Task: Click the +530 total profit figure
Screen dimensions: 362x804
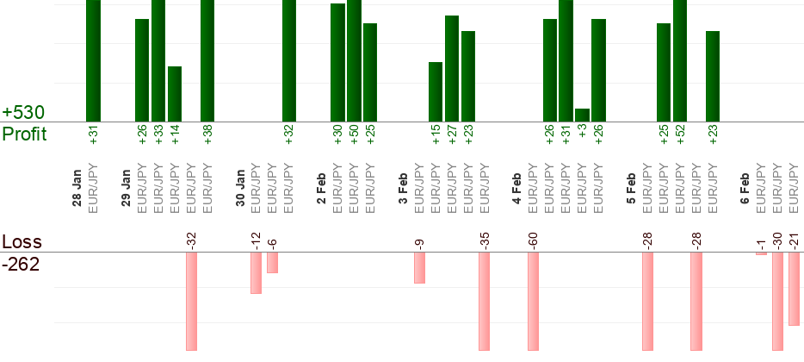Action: coord(23,112)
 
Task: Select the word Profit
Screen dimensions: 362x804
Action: coord(24,134)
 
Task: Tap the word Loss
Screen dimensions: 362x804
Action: coord(21,242)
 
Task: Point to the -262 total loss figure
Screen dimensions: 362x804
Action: coord(21,264)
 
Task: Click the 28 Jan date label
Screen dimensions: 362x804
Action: coord(77,191)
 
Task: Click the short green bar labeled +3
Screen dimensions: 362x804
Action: coord(583,115)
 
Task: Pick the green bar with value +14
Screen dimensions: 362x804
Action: coord(175,94)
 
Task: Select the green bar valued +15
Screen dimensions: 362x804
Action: coord(436,92)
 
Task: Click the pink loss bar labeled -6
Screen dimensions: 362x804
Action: coord(272,262)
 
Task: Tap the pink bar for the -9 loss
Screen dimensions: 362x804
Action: coord(419,267)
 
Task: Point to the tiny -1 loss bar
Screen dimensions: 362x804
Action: coord(761,253)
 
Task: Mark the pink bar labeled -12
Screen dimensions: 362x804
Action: coord(256,272)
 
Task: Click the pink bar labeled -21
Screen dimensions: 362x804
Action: coord(794,289)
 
